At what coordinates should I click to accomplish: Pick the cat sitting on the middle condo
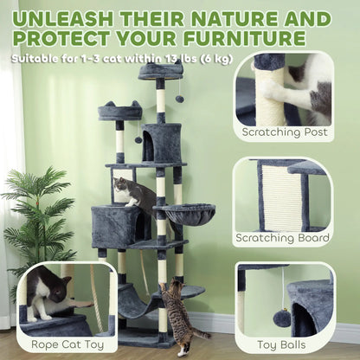[129, 191]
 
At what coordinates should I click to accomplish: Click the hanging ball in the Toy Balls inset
[283, 318]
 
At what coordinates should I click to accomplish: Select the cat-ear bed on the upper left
[119, 111]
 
